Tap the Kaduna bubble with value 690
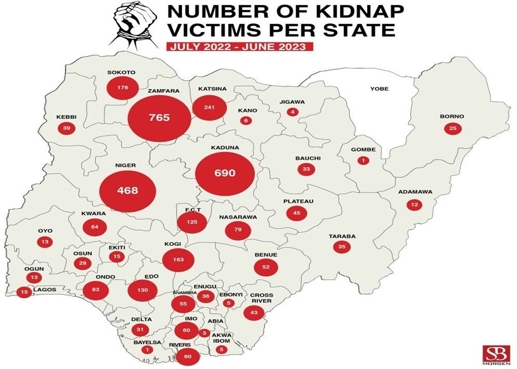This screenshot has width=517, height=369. click(223, 173)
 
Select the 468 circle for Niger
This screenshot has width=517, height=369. click(127, 190)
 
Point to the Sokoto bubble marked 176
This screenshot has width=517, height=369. click(123, 88)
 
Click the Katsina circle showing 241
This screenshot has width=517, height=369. click(209, 108)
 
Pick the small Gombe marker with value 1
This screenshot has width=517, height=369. click(363, 160)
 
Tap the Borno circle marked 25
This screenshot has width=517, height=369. click(453, 128)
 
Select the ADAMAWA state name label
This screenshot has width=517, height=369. click(415, 192)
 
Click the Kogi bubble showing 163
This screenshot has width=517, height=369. click(178, 260)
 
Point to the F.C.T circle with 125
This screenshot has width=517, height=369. click(192, 222)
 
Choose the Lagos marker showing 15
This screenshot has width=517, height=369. click(24, 292)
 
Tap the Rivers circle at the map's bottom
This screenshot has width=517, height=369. click(187, 357)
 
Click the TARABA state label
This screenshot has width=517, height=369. click(341, 236)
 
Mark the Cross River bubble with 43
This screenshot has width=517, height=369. click(254, 312)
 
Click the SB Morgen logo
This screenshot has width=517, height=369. click(496, 355)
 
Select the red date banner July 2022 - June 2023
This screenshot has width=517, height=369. click(240, 46)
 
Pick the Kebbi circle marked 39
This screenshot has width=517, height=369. click(66, 128)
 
